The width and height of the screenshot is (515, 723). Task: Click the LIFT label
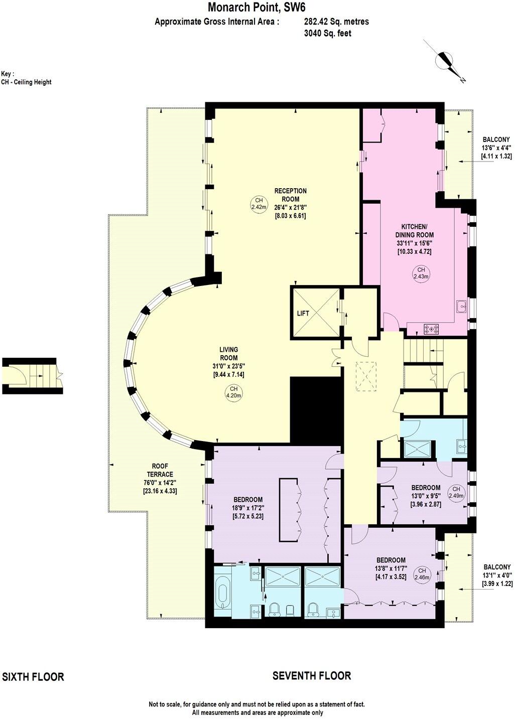303,313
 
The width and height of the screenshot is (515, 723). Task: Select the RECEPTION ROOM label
290,195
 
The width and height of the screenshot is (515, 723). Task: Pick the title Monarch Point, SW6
256,8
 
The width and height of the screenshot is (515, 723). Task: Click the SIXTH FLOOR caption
33,677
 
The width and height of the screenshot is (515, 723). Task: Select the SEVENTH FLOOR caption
311,676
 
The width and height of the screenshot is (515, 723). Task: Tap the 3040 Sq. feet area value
327,33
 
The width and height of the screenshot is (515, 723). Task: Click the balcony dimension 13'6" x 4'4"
496,148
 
